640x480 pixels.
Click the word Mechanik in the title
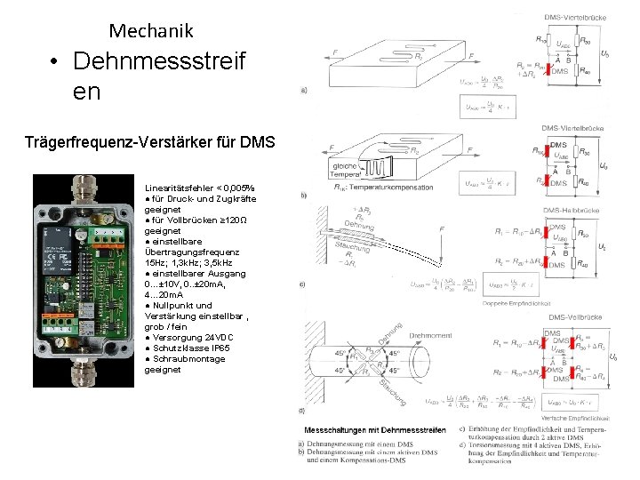pyautogui.click(x=151, y=31)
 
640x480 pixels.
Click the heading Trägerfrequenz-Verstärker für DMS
pyautogui.click(x=151, y=143)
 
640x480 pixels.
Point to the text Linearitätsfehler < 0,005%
pyautogui.click(x=199, y=188)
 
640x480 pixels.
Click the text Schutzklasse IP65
pyautogui.click(x=186, y=348)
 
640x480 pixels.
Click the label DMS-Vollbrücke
pyautogui.click(x=578, y=317)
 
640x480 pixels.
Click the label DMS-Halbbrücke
pyautogui.click(x=578, y=210)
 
